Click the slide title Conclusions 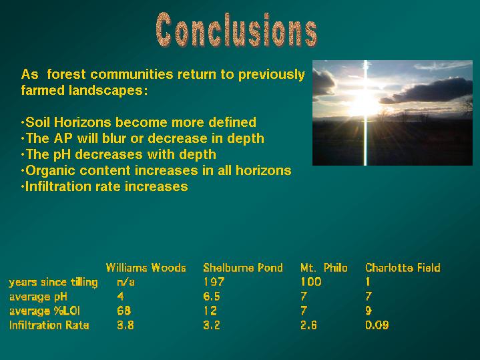point(236,30)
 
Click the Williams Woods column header point(146,268)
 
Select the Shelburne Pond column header point(243,268)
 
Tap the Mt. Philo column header point(324,268)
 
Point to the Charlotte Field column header point(403,268)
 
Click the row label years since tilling point(53,283)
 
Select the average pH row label point(38,297)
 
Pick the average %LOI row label point(45,311)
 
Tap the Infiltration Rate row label point(49,325)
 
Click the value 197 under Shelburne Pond point(214,282)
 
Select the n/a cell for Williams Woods point(126,282)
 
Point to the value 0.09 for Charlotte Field point(377,325)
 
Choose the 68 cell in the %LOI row point(124,311)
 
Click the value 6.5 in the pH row point(212,297)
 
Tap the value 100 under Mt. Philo point(310,282)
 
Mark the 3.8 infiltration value point(126,325)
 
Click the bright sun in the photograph point(365,104)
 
